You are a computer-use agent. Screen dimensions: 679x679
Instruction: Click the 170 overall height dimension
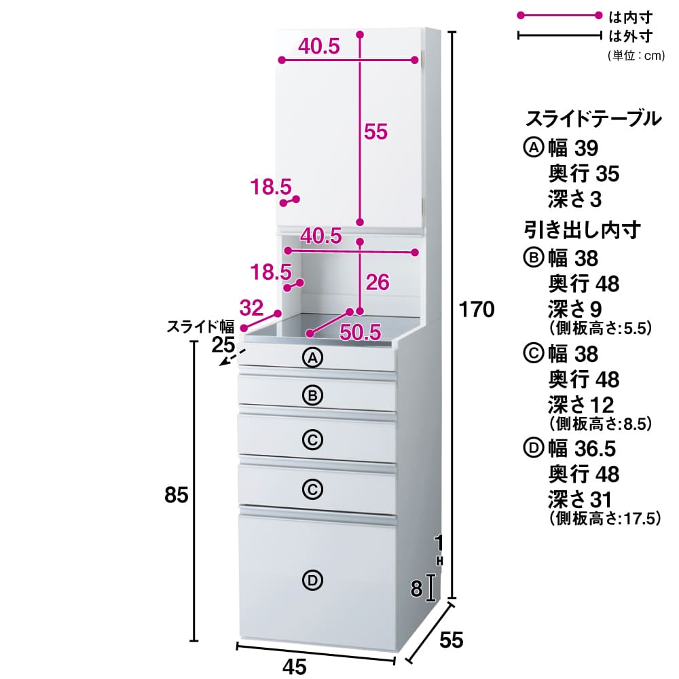(475, 310)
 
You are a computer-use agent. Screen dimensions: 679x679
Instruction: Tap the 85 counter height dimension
(176, 496)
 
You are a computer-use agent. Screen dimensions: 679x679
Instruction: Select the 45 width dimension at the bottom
(293, 667)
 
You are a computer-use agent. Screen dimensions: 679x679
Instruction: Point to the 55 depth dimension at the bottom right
(450, 640)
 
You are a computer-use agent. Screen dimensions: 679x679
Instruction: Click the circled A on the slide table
(312, 358)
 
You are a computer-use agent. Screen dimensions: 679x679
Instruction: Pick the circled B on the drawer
(312, 395)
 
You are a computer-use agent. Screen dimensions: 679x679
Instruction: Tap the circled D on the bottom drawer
(312, 580)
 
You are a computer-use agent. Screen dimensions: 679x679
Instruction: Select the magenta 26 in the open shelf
(377, 282)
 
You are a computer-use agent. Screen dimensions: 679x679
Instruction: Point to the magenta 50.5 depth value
(361, 331)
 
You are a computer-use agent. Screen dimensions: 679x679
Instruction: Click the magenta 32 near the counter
(251, 308)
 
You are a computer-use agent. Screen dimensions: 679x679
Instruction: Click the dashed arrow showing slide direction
(229, 358)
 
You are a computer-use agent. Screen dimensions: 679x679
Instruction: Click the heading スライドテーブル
(593, 120)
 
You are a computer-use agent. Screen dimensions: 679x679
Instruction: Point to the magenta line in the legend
(559, 15)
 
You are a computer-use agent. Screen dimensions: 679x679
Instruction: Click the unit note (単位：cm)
(636, 56)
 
